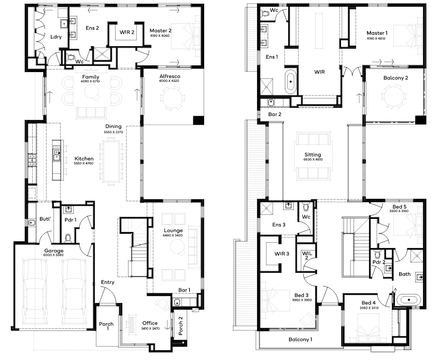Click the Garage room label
[54, 251]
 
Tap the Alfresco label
[169, 76]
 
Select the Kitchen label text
[84, 159]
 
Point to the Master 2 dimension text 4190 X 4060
[160, 36]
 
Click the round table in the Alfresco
[173, 98]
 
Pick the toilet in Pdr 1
[67, 238]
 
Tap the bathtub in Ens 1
[291, 81]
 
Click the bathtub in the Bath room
[408, 300]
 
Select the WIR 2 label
[127, 32]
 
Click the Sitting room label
[313, 155]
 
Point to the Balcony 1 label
[301, 340]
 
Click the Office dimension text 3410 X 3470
[150, 328]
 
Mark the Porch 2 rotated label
[181, 326]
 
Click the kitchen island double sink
[57, 155]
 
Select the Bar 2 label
[275, 114]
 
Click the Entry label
[108, 282]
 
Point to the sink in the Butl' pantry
[32, 223]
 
